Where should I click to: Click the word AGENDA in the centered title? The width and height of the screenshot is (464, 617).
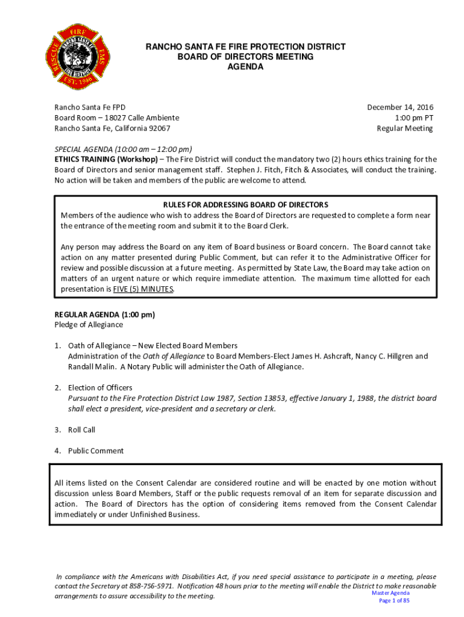click(x=245, y=67)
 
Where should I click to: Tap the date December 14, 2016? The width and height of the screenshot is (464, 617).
click(x=400, y=107)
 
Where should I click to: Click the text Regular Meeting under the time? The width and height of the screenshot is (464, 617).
click(x=404, y=128)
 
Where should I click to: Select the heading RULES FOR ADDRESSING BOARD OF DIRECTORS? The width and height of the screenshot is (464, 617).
click(x=245, y=205)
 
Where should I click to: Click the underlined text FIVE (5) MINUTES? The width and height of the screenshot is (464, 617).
click(x=143, y=289)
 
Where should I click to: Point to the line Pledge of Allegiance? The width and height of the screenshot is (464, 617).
click(x=89, y=325)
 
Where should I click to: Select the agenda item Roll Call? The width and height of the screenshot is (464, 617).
click(x=81, y=430)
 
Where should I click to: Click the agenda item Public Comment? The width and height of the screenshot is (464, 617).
click(x=96, y=451)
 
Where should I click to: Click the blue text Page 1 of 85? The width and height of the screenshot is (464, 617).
click(x=394, y=601)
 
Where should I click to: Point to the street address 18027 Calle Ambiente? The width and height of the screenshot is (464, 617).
click(x=138, y=117)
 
